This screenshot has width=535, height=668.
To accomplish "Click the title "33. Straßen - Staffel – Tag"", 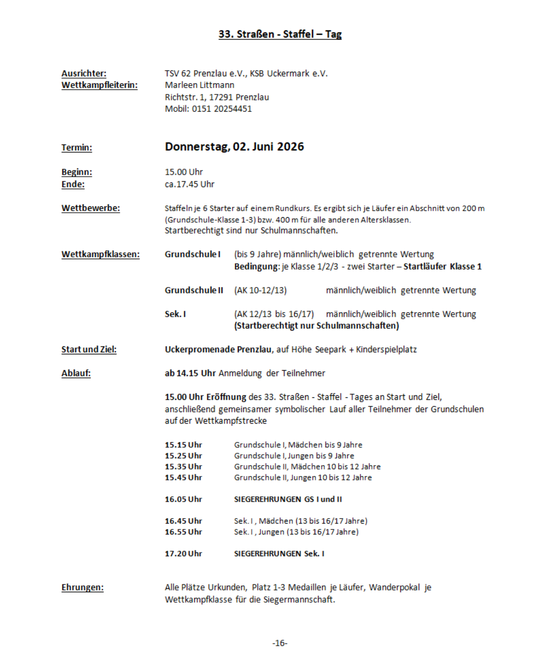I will [280, 34].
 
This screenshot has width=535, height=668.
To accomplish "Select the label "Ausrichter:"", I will [84, 73].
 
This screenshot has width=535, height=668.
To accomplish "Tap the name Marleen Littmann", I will [200, 85].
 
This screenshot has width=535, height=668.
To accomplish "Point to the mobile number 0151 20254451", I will [222, 109].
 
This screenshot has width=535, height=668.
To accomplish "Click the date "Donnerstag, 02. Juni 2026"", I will [234, 147].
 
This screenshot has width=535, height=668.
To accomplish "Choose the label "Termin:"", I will [77, 147].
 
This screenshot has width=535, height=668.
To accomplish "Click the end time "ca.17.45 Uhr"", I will [190, 184].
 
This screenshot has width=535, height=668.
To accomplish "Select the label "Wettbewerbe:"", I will [91, 208].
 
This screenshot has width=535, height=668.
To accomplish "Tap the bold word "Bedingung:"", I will [257, 267].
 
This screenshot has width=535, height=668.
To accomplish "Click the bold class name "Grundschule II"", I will [194, 290].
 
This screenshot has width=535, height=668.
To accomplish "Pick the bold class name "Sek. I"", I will [175, 314].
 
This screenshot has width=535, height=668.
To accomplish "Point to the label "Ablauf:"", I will [76, 374].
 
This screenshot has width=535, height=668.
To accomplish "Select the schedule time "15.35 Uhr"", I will [183, 467].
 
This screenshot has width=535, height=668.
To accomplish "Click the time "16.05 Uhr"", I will [183, 499].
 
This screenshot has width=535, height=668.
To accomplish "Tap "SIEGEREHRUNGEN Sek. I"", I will [279, 554].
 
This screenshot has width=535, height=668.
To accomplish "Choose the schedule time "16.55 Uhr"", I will [183, 532].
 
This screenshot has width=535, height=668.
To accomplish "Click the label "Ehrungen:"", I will [82, 587].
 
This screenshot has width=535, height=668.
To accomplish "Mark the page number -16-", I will [280, 643].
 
